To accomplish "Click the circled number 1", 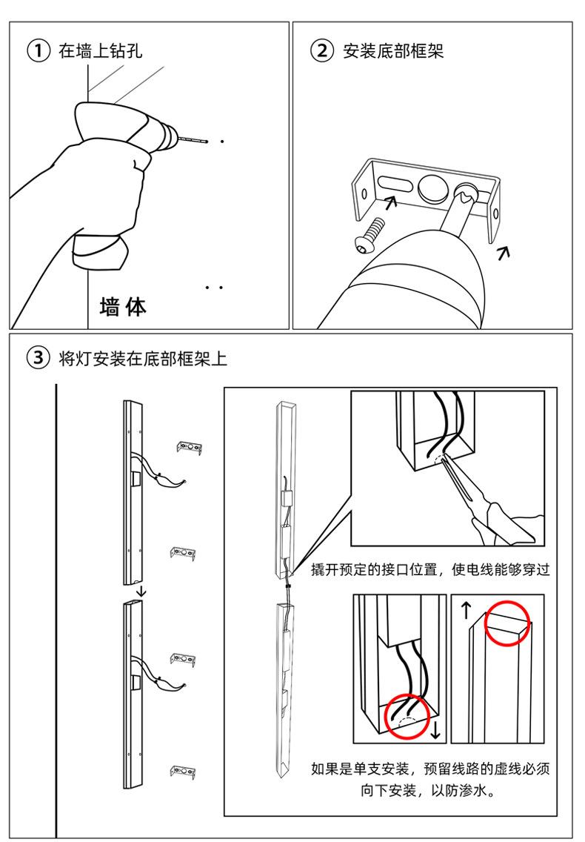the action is click(38, 51).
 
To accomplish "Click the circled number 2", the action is click(322, 51).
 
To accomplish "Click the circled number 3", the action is click(38, 358).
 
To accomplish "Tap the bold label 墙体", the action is click(123, 307).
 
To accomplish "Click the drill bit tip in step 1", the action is click(207, 142).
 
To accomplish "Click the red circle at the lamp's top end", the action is click(507, 623).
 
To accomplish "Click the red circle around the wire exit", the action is click(407, 716).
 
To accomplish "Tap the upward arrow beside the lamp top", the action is click(466, 611).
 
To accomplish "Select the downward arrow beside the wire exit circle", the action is click(435, 730).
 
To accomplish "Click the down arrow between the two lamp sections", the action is click(141, 591).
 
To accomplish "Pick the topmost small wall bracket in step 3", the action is click(190, 448).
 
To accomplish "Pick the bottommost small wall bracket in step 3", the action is click(183, 772).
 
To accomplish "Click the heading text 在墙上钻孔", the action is click(101, 51).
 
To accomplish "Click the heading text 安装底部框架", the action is click(393, 51).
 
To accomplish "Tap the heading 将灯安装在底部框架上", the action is click(143, 358).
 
